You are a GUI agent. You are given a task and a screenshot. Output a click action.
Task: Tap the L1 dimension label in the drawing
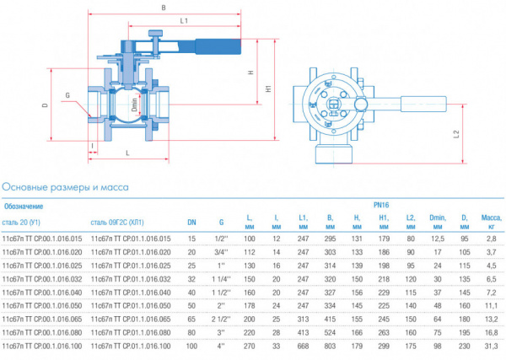[x=183, y=19]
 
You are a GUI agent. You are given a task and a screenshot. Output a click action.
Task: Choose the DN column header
[x=191, y=223]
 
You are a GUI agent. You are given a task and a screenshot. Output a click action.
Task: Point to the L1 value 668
[x=302, y=346]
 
